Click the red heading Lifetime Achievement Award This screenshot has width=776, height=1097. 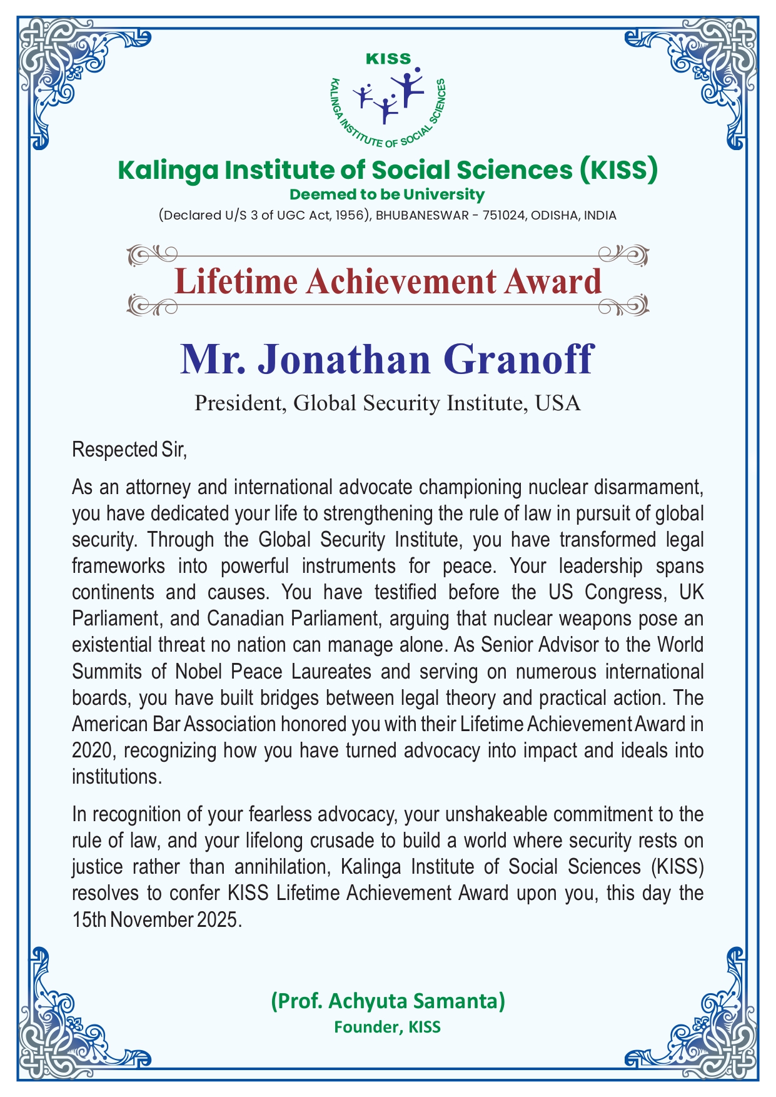tap(388, 281)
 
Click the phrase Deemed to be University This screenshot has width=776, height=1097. tap(388, 195)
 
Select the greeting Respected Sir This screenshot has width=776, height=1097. tap(129, 450)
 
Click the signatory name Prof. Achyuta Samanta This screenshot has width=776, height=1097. tap(388, 1001)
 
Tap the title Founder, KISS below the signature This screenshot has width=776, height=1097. tap(388, 1027)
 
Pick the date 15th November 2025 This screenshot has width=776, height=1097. tap(156, 920)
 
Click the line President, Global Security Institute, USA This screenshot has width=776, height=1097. tap(388, 403)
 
